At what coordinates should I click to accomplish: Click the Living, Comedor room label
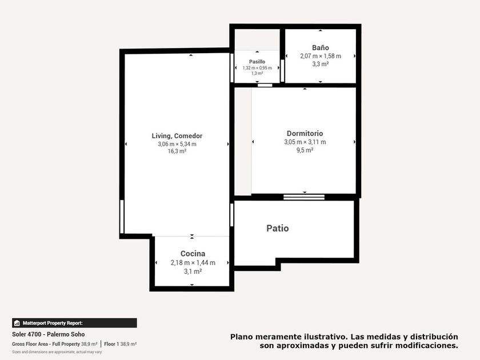(x=177, y=136)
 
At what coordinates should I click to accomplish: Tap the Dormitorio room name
(x=305, y=134)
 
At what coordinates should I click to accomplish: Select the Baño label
(x=321, y=48)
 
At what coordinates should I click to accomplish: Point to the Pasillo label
(x=257, y=62)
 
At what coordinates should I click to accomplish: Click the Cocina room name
(x=193, y=254)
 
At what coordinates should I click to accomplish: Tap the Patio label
(x=278, y=229)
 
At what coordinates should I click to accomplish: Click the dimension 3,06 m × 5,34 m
(x=177, y=144)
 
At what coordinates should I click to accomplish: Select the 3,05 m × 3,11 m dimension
(x=305, y=142)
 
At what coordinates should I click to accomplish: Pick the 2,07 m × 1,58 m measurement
(x=321, y=56)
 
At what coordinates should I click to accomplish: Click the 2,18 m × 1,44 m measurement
(x=193, y=263)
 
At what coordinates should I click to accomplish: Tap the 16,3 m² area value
(x=177, y=151)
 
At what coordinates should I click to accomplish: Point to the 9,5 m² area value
(x=305, y=150)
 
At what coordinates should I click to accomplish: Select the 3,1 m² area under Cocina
(x=193, y=271)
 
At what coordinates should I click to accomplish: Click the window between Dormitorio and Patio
(x=304, y=197)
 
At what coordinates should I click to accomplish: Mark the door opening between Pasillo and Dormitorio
(x=265, y=85)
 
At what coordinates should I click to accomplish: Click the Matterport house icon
(x=17, y=323)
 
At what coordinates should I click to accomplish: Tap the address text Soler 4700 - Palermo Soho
(x=49, y=334)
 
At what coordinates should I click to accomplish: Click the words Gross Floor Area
(x=30, y=344)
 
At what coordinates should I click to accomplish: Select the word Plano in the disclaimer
(x=242, y=337)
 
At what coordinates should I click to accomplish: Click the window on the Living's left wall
(x=122, y=217)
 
